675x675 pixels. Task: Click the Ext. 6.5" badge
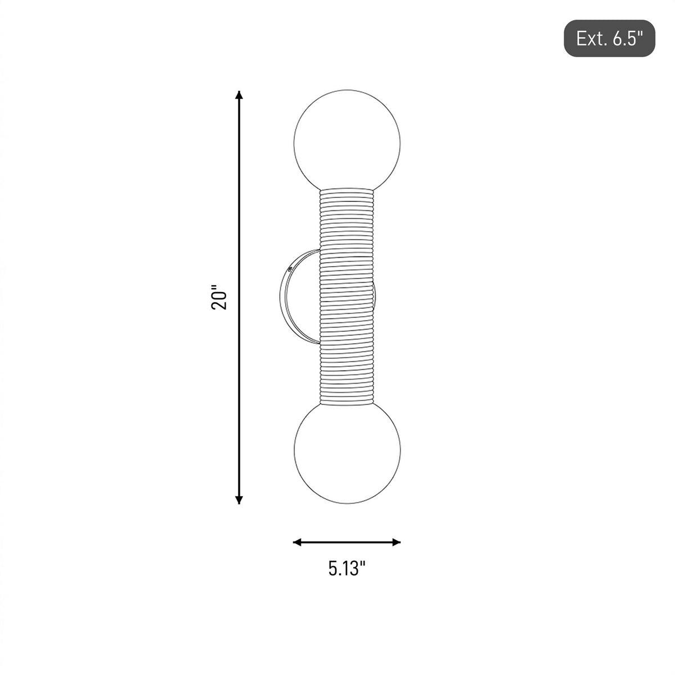[609, 38]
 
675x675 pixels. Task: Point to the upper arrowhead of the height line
[239, 95]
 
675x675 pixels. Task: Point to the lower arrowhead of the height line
[239, 499]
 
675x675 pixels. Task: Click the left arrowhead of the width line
[298, 543]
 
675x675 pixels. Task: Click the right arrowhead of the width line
[396, 543]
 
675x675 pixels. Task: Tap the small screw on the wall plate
[290, 269]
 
